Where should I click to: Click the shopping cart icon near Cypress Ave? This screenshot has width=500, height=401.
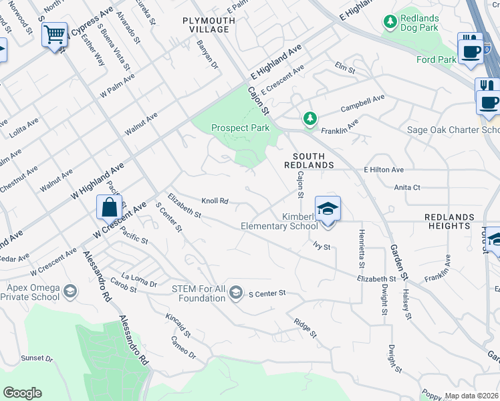[54, 33]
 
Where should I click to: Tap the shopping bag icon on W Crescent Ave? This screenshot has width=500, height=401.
[109, 207]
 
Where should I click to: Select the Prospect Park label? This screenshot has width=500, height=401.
[240, 128]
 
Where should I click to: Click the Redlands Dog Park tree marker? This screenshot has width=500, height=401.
[390, 22]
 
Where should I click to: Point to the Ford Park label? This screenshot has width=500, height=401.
[436, 59]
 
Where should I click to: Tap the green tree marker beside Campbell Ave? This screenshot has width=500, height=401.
[309, 119]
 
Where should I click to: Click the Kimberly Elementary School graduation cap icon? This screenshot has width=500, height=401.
[328, 209]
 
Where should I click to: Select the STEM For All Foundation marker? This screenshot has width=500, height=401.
[235, 293]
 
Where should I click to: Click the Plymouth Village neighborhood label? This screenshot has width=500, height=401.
[209, 25]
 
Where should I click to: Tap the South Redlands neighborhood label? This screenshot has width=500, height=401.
[308, 160]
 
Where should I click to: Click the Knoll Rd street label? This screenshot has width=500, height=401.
[215, 200]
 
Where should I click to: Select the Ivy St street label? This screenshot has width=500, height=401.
[322, 247]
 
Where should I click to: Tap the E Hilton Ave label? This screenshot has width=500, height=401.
[384, 170]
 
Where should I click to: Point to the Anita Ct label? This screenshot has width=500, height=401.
[406, 188]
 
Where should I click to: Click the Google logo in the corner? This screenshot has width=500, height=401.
[22, 392]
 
